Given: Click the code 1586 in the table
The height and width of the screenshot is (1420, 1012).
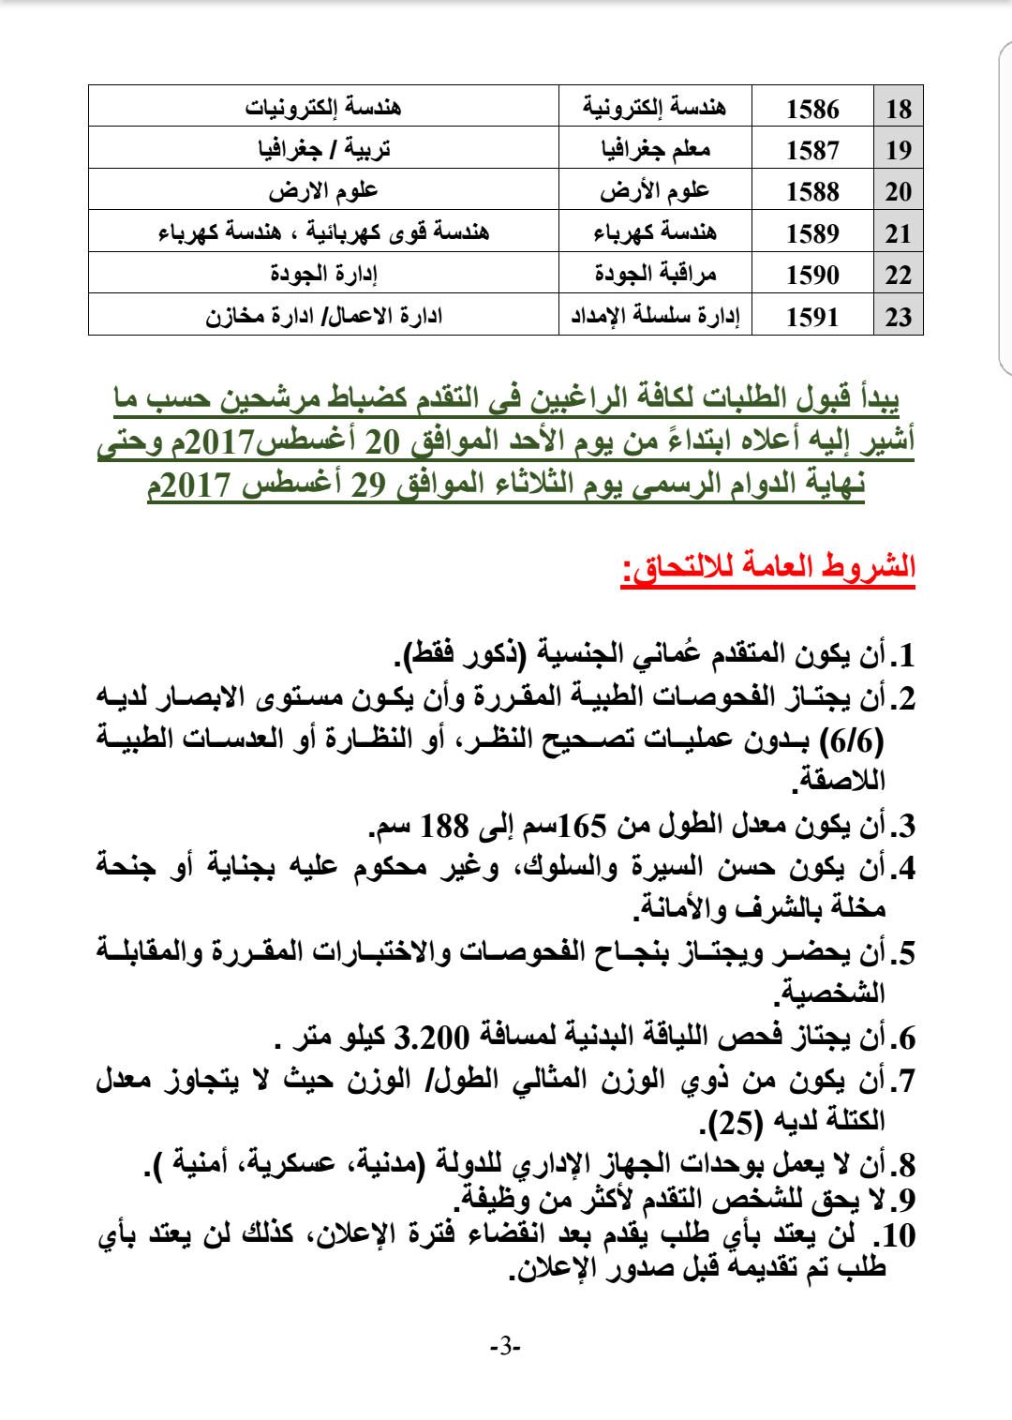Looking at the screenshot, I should coord(812,109).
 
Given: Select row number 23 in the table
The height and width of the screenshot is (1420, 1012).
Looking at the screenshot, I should coord(898,317).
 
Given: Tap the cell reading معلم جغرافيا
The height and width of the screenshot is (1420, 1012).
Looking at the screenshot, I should coord(655,149).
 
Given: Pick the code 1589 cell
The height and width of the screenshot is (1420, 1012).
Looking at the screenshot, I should coord(812,233).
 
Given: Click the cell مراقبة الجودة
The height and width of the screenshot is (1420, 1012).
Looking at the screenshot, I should coord(655,275).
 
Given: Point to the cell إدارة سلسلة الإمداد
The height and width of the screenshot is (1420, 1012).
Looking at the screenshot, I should coord(655,317).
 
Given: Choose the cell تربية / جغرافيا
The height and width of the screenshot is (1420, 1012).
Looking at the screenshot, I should coord(323,149).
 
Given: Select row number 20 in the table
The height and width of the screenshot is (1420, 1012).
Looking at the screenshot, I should coord(898,191).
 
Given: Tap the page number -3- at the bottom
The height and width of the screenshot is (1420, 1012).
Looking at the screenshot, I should coord(505,1347).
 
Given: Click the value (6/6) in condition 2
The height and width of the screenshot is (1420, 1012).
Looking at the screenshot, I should coord(852,741).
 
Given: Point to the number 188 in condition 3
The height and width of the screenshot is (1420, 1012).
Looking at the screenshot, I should coord(444,827).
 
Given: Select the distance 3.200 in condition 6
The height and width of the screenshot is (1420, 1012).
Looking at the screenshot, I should coord(431,1039).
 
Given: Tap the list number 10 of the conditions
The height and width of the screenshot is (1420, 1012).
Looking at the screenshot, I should coord(898,1235).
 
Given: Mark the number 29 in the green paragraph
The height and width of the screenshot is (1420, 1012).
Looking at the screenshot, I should coord(368,485).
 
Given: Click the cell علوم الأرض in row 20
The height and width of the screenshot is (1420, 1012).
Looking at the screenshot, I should coord(655,191).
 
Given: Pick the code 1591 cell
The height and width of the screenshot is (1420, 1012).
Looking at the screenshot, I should coord(812,317).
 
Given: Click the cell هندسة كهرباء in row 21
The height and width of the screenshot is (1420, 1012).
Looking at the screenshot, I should coord(655,233).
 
